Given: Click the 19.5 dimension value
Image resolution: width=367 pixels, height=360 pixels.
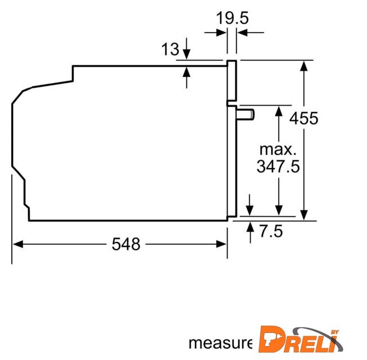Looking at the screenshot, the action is coord(232,18).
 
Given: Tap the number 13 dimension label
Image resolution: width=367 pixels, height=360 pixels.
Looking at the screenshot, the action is coord(170,49).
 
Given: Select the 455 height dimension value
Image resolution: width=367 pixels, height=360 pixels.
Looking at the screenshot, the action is coord(304,118).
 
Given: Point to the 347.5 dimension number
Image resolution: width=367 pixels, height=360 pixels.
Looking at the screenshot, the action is coord(278,166).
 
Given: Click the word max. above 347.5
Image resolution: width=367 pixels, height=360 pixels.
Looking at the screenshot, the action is coord(278,150).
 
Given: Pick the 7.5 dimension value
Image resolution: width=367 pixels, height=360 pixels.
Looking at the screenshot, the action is coord(271,231).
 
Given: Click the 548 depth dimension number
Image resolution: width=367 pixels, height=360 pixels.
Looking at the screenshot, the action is coord(126,244).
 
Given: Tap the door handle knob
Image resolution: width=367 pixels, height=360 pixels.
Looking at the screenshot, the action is coord(245,115).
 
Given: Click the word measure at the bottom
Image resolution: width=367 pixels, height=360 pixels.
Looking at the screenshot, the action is coord(220,343).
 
